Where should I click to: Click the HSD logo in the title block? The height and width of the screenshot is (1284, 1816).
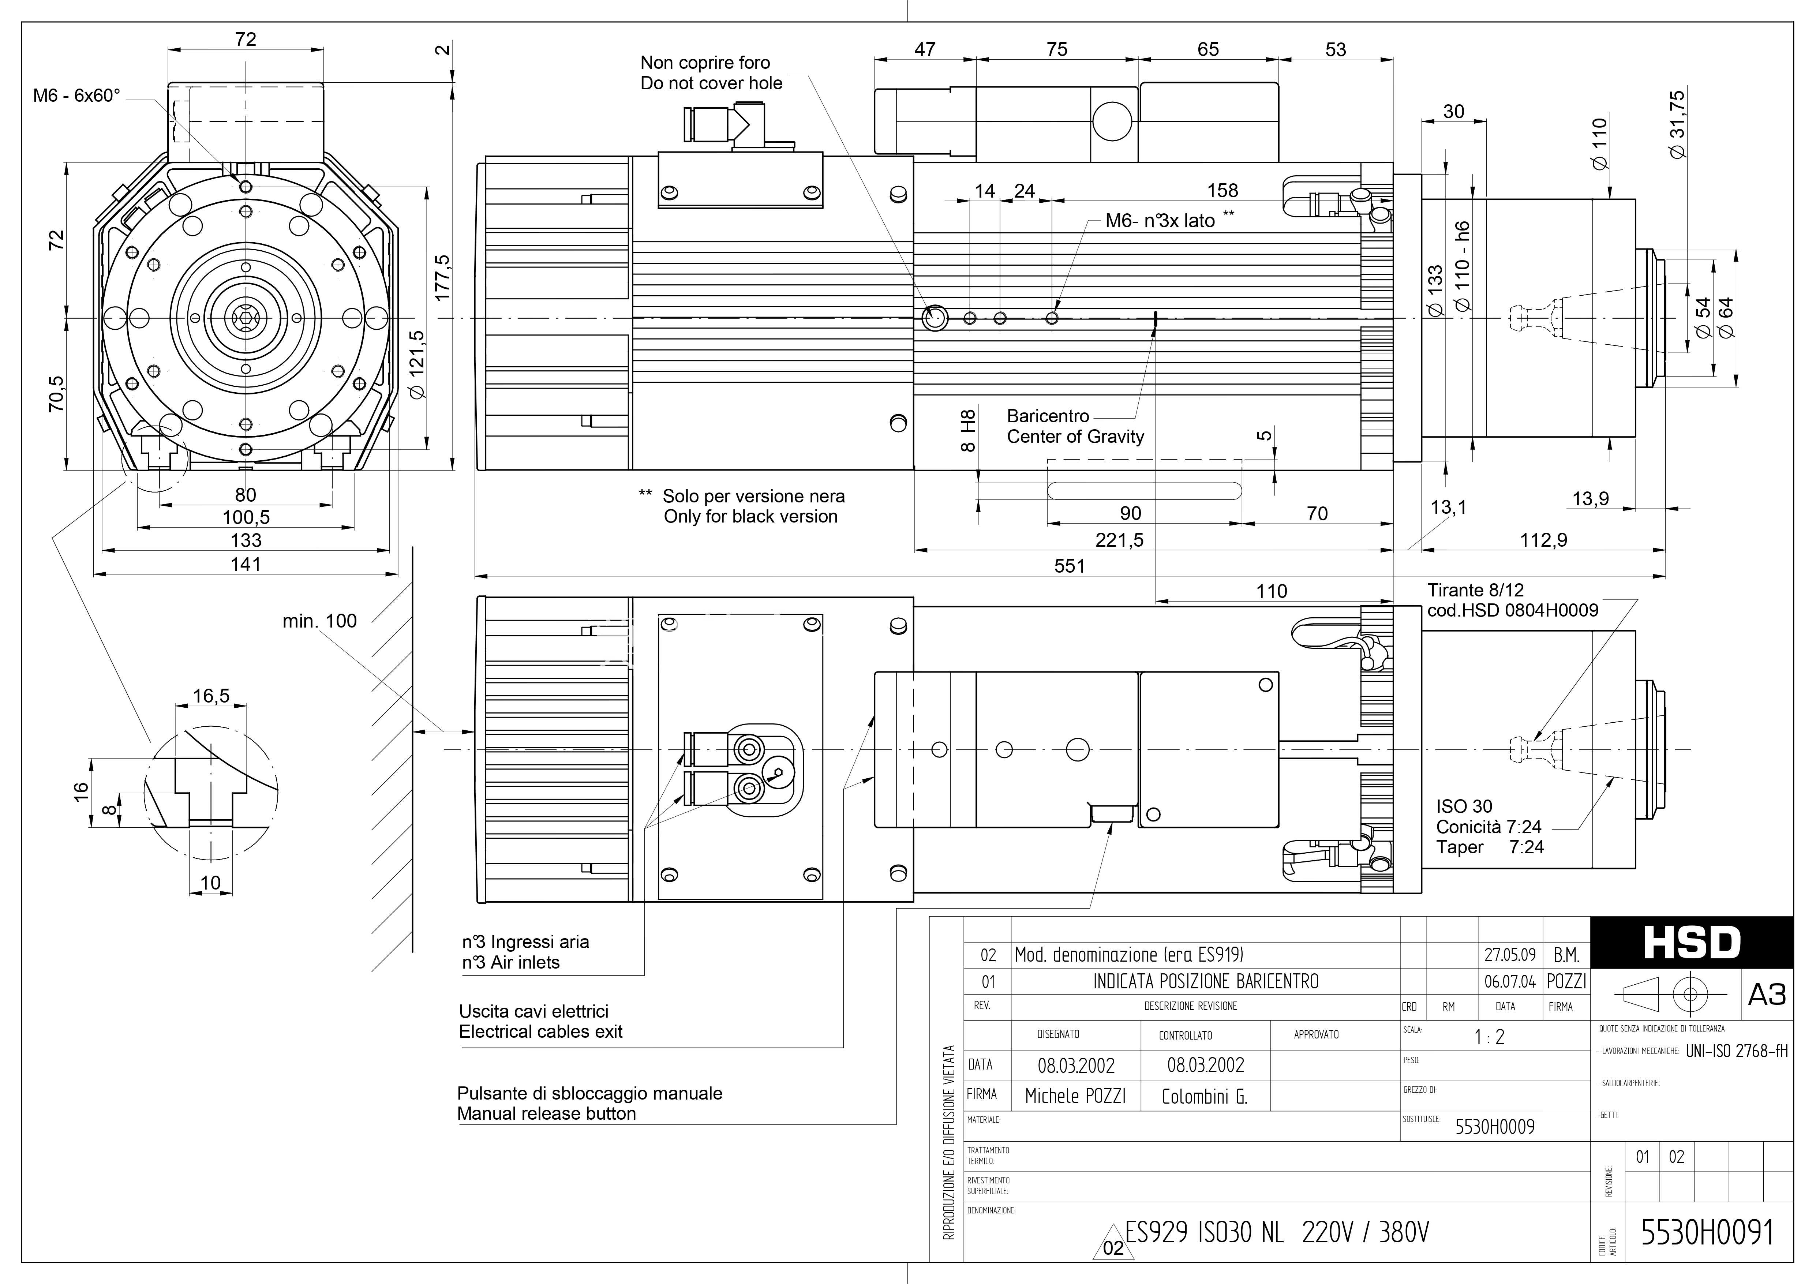1692,942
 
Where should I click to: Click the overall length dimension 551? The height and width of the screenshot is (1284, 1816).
1069,566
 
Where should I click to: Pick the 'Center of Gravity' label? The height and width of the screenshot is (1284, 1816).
1075,437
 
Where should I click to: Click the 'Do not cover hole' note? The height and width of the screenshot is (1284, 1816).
711,83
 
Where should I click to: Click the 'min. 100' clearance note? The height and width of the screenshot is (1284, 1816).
319,621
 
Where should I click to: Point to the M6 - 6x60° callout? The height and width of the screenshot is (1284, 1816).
77,96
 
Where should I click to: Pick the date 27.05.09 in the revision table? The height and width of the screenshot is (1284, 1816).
1510,955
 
